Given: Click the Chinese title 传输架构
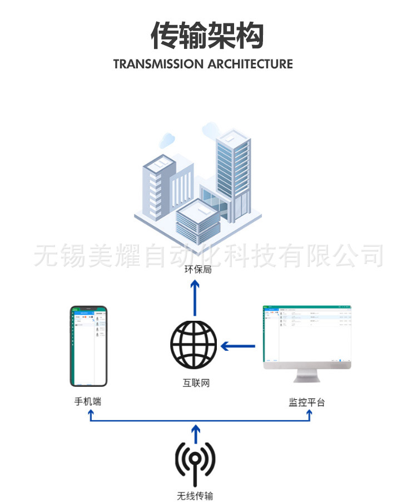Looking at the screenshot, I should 207,36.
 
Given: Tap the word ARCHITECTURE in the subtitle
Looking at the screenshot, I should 250,64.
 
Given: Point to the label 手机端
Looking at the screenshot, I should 88,401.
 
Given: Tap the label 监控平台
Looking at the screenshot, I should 306,401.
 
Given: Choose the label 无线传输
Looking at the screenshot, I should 195,495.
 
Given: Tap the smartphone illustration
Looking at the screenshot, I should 88,346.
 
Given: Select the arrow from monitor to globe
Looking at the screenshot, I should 238,346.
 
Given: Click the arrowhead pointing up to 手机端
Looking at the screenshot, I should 91,414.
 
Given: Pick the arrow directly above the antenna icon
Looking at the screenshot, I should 195,431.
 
